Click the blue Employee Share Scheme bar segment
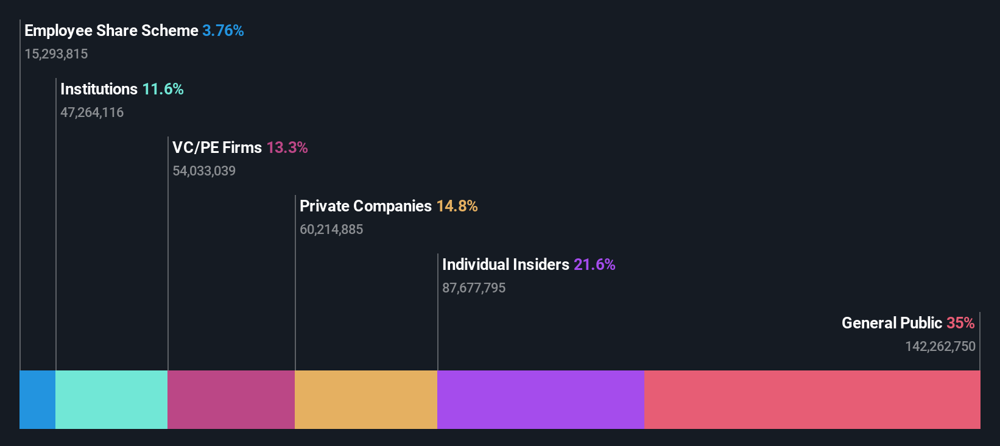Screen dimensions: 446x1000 pos(37,399)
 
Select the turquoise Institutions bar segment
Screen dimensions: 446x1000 pos(111,399)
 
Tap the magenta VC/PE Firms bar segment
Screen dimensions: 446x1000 pos(231,399)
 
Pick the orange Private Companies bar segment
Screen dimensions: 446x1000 pos(365,399)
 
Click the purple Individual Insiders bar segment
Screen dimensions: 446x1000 pos(540,399)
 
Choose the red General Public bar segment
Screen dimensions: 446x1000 pos(812,399)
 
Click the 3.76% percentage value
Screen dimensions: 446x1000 pos(223,30)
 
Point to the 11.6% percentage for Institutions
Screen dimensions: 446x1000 pos(163,89)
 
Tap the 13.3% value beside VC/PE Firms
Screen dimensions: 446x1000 pos(287,147)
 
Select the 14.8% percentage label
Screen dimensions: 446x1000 pos(457,206)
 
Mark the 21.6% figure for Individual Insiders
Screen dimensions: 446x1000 pos(594,264)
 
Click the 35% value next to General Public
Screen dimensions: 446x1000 pos(960,323)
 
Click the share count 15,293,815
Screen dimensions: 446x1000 pos(56,54)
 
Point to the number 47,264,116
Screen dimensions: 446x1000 pos(92,113)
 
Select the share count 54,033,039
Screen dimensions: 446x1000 pos(204,171)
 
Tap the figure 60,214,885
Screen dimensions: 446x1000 pos(331,230)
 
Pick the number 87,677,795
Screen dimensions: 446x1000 pos(474,288)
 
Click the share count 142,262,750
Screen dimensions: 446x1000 pos(940,347)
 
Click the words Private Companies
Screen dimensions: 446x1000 pos(365,206)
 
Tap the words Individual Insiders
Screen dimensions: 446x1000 pos(505,264)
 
